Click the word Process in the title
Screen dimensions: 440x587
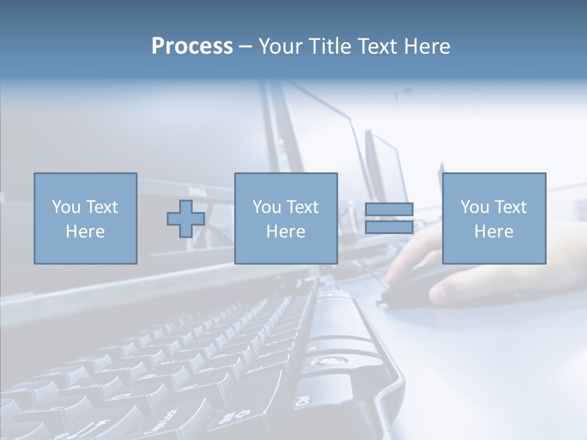tap(192, 46)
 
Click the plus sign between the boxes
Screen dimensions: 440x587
tap(186, 219)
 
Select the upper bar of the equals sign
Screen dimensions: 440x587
tap(389, 210)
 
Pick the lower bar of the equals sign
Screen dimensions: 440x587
tap(389, 227)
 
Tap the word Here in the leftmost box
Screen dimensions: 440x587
tap(85, 232)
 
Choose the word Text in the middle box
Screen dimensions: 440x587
tap(301, 207)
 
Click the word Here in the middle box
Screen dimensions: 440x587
tap(286, 232)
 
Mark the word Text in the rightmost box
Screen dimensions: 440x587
tap(510, 207)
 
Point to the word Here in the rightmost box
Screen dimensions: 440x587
tap(493, 232)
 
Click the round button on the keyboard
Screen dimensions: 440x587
tap(322, 362)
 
